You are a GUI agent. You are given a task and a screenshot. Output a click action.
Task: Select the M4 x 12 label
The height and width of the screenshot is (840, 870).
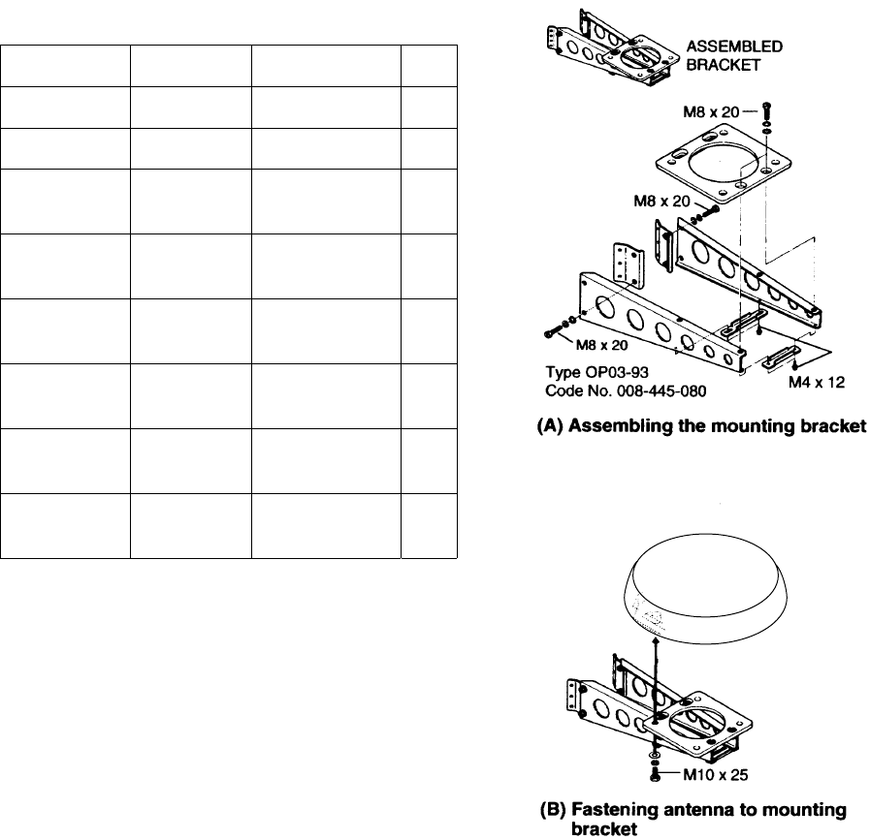coord(818,382)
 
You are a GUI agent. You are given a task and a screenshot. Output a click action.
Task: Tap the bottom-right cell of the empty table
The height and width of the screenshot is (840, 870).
coord(428,525)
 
